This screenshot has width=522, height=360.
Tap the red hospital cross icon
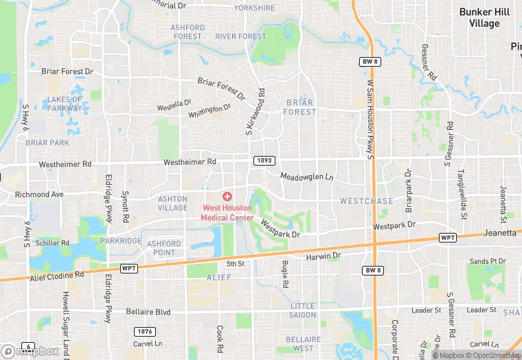coord(227,196)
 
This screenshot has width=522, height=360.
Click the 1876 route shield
coord(143,331)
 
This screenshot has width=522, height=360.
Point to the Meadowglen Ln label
coord(306,177)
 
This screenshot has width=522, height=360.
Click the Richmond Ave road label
coord(39,194)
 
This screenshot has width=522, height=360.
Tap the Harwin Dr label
coord(323,256)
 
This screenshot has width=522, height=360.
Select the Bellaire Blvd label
coord(148,311)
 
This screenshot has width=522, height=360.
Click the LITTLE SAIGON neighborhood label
coord(303,310)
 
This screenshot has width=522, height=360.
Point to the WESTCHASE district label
coord(367,201)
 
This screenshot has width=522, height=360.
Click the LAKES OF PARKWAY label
coord(65,103)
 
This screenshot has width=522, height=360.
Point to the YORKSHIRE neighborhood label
coord(254,8)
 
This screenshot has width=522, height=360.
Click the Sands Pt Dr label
coord(488,261)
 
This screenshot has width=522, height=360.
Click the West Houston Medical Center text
coord(227,212)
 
